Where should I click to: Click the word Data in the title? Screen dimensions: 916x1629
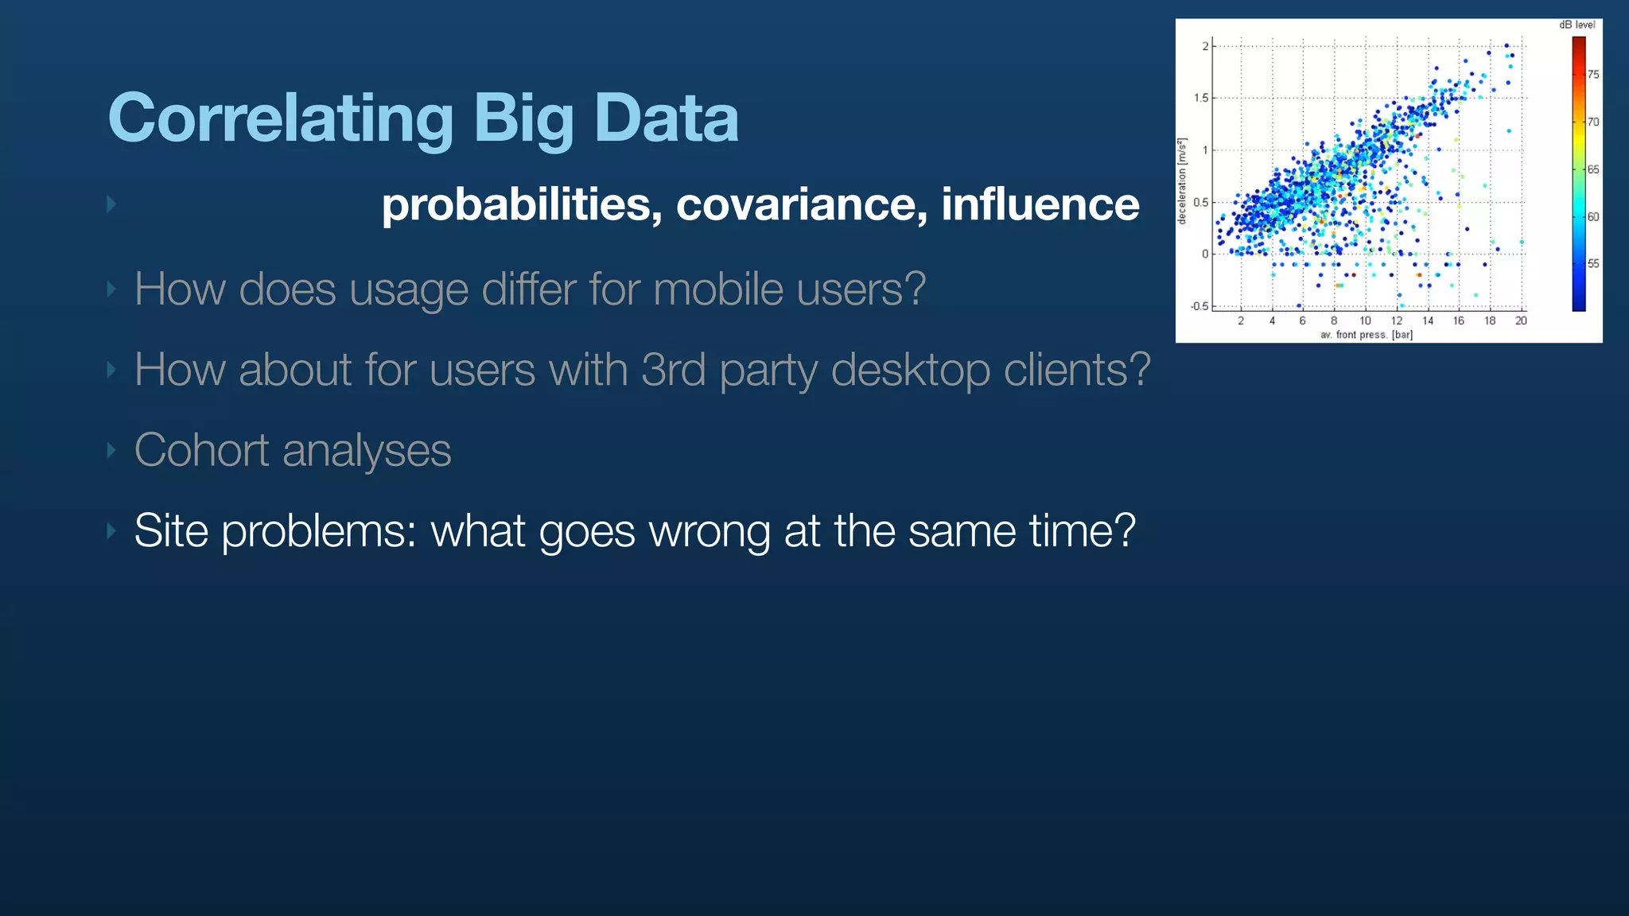(666, 118)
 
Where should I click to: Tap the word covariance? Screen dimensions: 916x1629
(802, 204)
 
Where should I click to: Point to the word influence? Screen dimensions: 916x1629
(1040, 204)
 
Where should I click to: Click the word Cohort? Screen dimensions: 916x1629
(201, 450)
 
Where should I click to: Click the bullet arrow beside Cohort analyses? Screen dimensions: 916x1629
(111, 451)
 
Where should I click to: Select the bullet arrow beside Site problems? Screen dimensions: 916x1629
(111, 530)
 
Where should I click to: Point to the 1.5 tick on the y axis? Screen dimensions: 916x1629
(1200, 98)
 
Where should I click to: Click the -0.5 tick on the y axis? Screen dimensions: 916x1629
(1199, 306)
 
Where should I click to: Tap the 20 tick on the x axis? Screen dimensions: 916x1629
(1521, 320)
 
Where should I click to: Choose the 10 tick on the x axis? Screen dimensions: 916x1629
(1365, 320)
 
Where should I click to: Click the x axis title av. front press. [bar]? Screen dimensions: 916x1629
(1366, 335)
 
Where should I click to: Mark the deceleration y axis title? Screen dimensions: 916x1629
(1182, 181)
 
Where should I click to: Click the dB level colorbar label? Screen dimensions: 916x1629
(1577, 25)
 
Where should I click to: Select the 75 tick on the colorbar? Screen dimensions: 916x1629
(1593, 74)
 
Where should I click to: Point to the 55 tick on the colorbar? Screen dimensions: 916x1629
(1593, 263)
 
